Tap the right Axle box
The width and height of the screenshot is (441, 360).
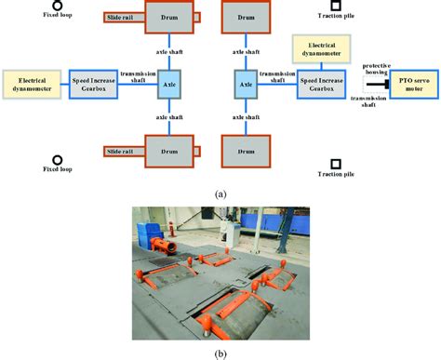pyautogui.click(x=247, y=83)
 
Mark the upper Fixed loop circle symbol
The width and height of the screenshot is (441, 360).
pyautogui.click(x=58, y=6)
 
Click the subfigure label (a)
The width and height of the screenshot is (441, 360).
pyautogui.click(x=220, y=193)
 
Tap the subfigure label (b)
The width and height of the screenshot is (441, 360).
pyautogui.click(x=220, y=352)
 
